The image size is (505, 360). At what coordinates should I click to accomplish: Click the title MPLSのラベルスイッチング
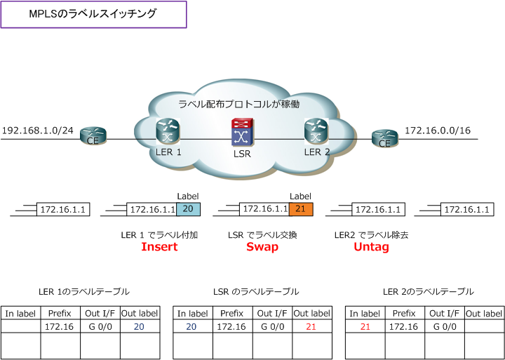93,14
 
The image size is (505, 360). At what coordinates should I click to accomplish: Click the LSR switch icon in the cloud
241,131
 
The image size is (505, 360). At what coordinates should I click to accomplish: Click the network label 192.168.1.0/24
37,131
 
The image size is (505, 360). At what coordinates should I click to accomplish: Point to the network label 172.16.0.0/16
438,131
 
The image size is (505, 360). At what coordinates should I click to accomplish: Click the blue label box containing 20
188,209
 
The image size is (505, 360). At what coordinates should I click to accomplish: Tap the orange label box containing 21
300,209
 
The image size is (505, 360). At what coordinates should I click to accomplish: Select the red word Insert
159,247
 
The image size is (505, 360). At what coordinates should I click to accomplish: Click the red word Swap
262,247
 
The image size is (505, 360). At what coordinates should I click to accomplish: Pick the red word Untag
371,247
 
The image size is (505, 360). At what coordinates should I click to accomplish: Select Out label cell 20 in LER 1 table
138,326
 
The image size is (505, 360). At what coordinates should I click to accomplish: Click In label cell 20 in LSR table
191,326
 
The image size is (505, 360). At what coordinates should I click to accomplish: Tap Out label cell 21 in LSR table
311,326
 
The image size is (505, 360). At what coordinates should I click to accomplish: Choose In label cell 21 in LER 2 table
365,326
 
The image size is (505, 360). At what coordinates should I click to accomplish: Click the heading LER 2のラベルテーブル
428,291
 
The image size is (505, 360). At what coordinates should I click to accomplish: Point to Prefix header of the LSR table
231,314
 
